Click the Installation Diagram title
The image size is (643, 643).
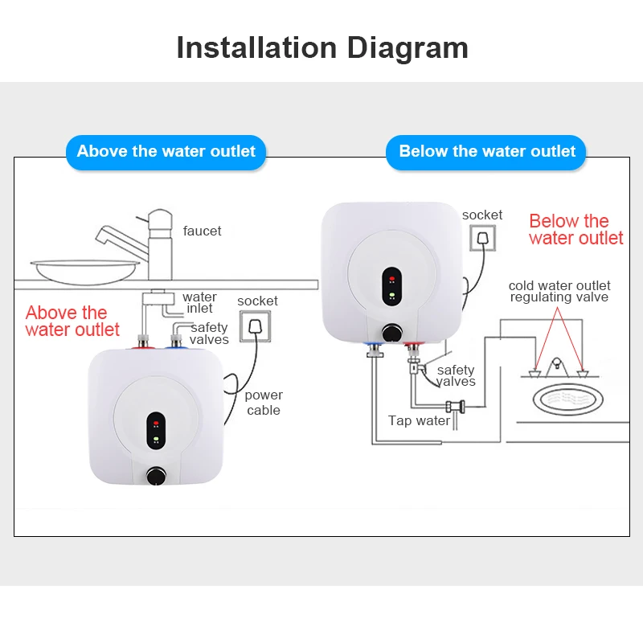pos(321,47)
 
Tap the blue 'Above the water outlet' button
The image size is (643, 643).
pos(166,151)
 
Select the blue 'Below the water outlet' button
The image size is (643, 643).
pos(487,151)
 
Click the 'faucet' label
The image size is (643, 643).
pos(202,231)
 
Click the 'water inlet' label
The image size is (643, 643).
pos(199,303)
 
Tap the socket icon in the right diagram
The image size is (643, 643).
pos(482,240)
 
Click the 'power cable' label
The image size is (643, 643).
pos(264,403)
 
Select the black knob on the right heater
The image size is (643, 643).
pos(391,332)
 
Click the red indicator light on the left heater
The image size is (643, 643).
pos(155,420)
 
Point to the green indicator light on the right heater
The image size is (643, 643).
pos(391,295)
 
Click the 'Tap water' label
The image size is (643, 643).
pos(419,421)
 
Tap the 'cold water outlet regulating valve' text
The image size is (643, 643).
pos(559,291)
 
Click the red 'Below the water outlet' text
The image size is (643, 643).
pos(575,230)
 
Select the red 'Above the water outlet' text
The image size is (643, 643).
pos(72,321)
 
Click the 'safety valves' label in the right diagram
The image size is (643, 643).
pos(456,375)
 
